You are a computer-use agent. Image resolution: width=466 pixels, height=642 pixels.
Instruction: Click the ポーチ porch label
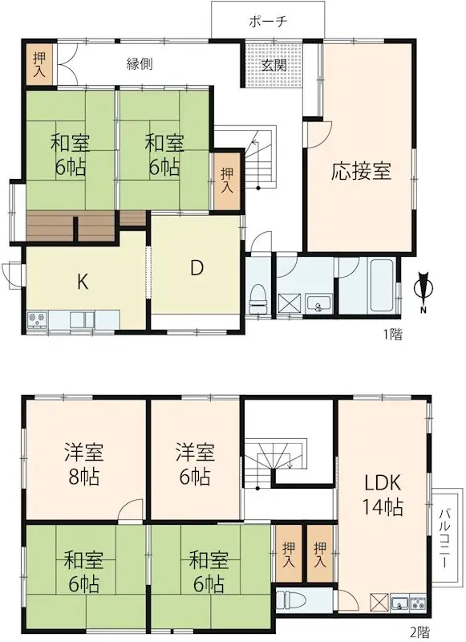[x=268, y=21]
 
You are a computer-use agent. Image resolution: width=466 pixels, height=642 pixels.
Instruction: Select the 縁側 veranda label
[x=140, y=64]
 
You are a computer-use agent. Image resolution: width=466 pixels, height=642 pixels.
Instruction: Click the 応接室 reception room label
[x=361, y=171]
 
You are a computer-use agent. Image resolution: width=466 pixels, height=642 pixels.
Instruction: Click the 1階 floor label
[x=393, y=335]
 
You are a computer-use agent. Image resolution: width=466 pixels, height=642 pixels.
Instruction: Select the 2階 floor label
[x=421, y=632]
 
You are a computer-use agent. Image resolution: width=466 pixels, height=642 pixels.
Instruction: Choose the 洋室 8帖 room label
[x=82, y=463]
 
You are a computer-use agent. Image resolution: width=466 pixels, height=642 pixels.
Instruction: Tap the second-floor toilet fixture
[x=288, y=599]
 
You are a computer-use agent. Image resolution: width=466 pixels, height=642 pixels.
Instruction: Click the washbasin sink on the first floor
[x=319, y=303]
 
